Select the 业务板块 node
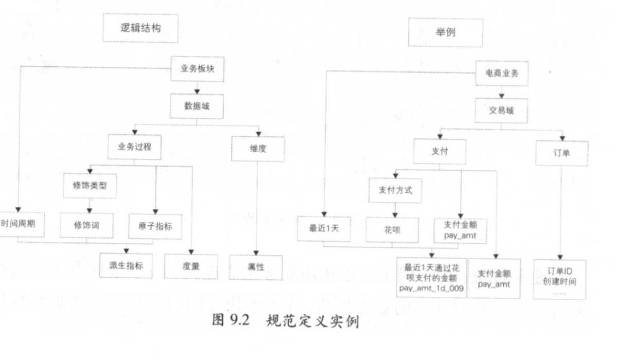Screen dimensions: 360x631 click(197, 69)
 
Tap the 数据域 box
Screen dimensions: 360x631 click(197, 106)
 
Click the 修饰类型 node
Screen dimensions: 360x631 click(90, 186)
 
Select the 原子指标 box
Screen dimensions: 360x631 click(155, 225)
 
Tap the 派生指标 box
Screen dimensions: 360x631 click(126, 265)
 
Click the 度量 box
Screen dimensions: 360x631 click(190, 266)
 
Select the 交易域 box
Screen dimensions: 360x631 click(501, 110)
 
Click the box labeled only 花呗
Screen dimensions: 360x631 click(394, 230)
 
